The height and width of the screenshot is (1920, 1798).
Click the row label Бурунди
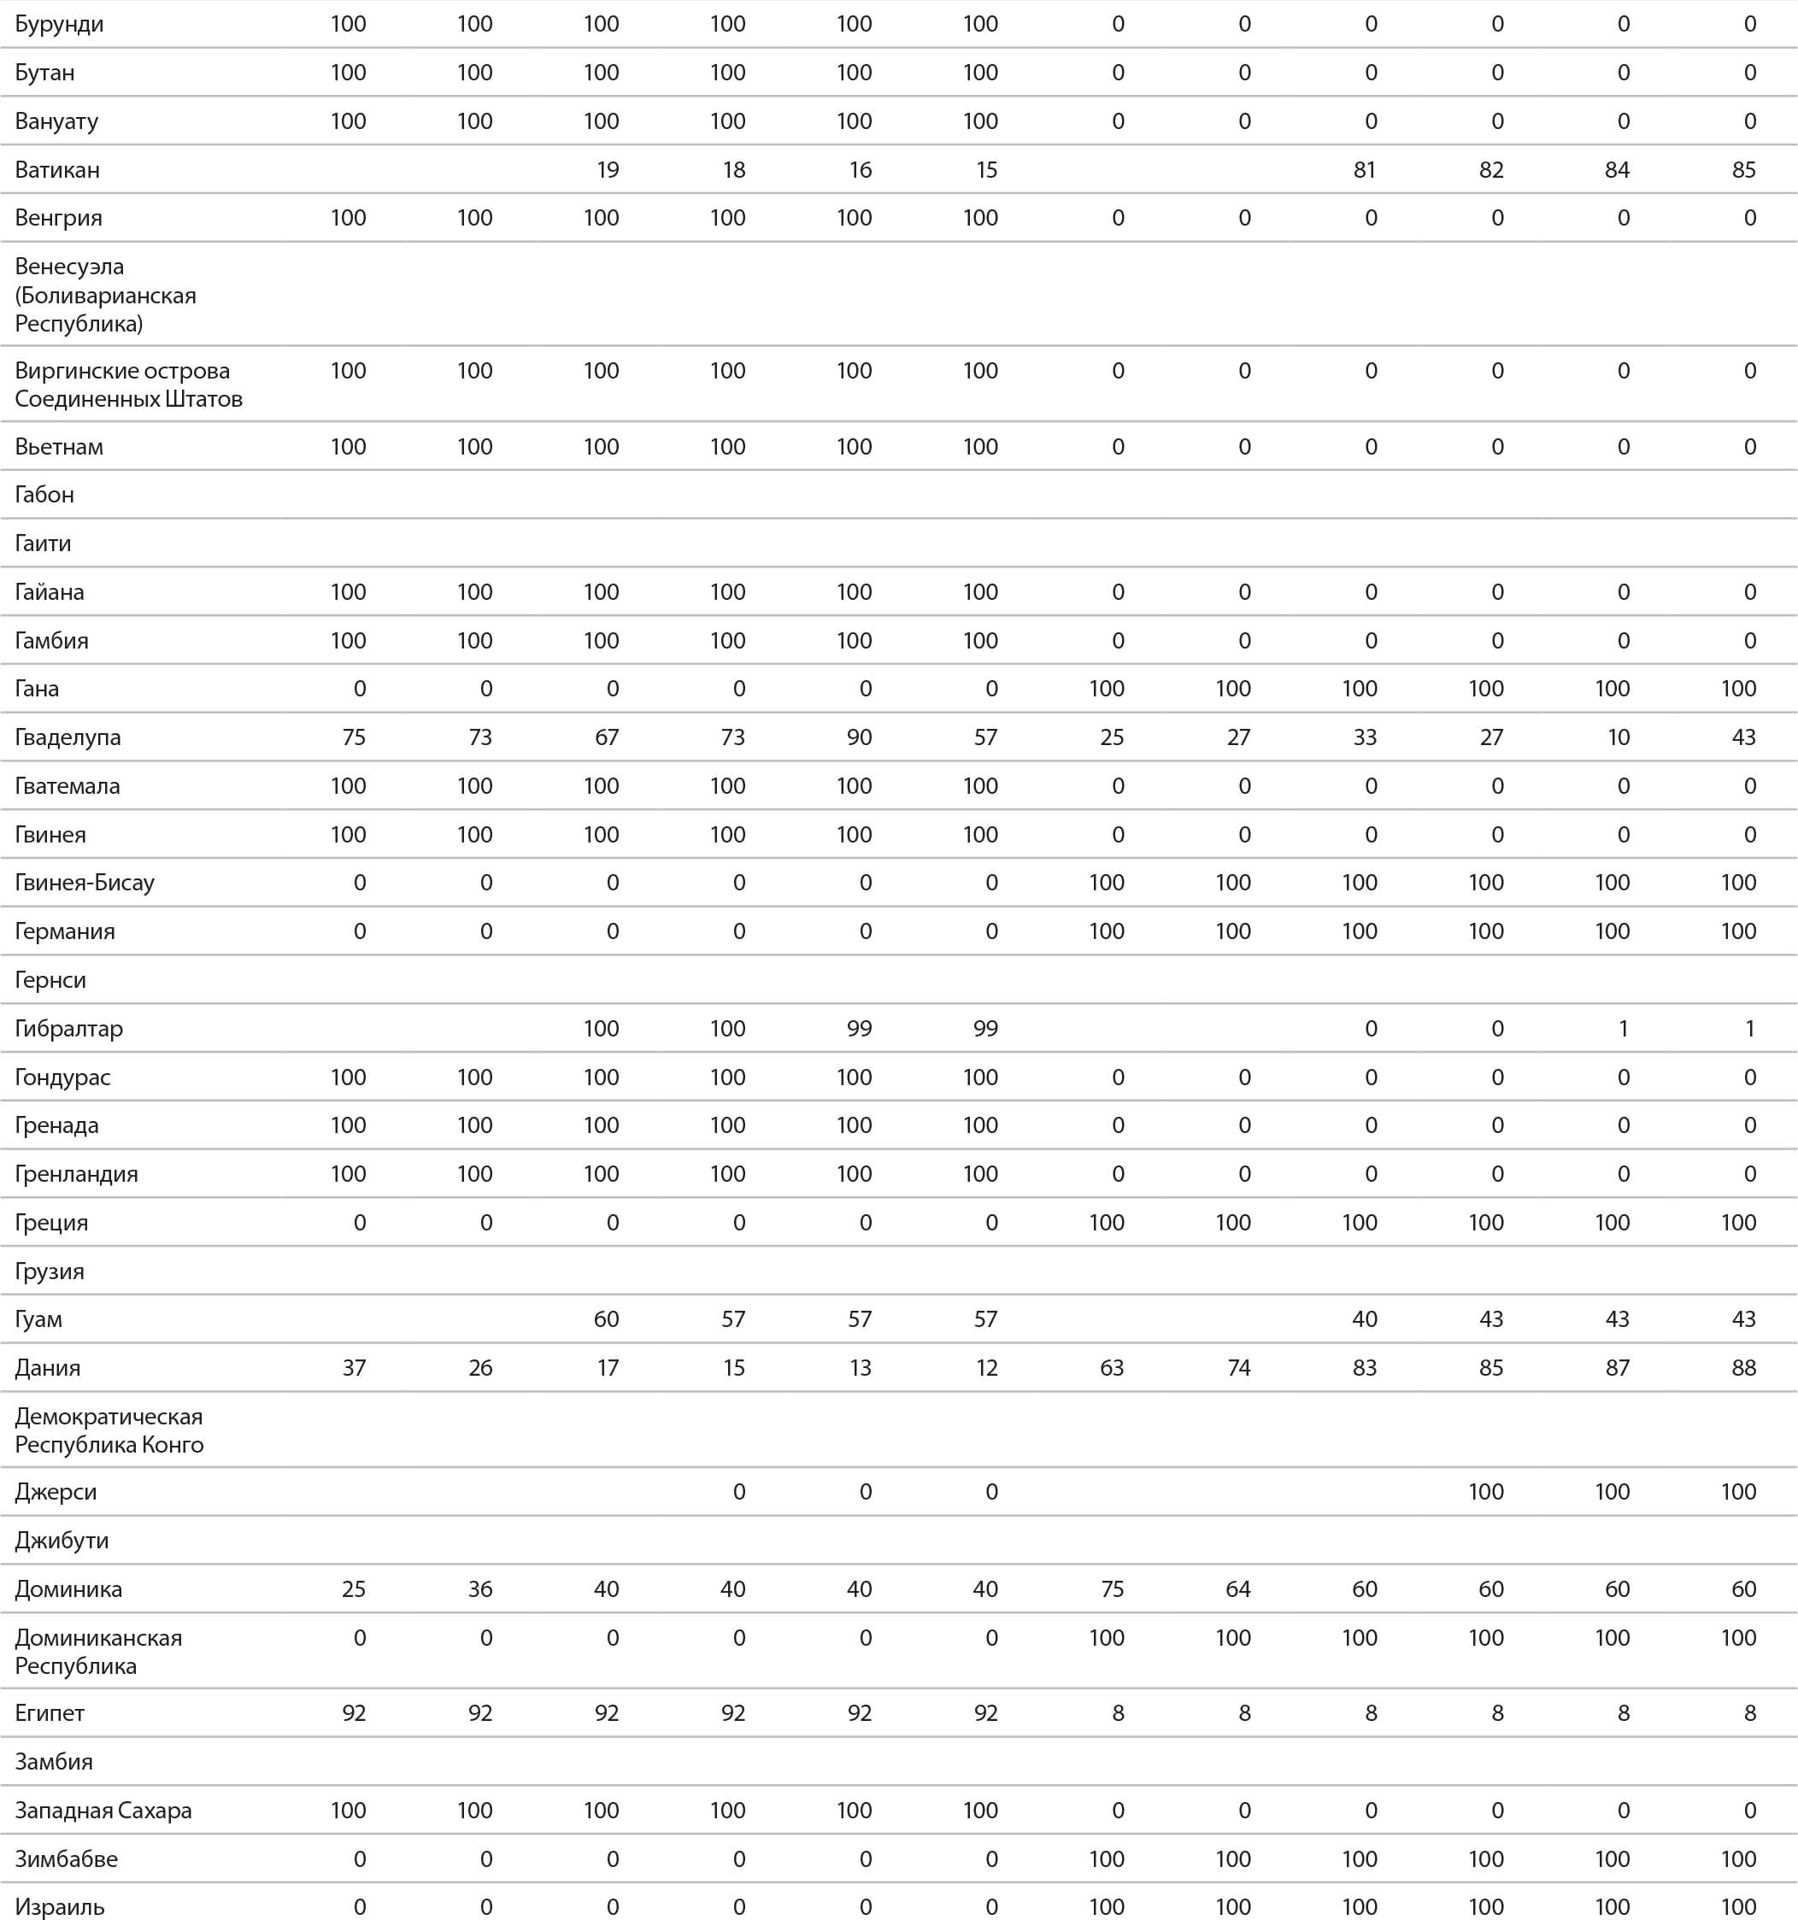click(x=59, y=24)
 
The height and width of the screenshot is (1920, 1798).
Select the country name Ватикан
click(x=57, y=170)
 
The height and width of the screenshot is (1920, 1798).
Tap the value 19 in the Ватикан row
click(x=607, y=170)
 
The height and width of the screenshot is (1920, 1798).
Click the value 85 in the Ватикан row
click(x=1743, y=170)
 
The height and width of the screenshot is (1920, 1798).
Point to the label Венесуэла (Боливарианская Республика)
click(x=105, y=295)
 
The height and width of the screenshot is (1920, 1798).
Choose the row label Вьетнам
click(x=59, y=447)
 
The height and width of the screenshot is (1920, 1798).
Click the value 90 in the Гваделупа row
click(x=859, y=738)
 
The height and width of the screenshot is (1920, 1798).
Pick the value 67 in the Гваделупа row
click(x=606, y=738)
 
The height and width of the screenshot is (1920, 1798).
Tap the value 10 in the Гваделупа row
click(x=1618, y=738)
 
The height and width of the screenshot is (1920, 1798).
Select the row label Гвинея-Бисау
click(x=84, y=883)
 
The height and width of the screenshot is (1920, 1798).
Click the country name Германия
click(x=65, y=932)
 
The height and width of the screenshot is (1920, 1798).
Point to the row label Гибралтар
click(x=68, y=1029)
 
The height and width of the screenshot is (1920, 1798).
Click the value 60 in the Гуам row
click(x=606, y=1319)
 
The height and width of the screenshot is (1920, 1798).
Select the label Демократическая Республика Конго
click(x=109, y=1430)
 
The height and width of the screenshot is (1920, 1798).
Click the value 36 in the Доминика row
click(x=480, y=1589)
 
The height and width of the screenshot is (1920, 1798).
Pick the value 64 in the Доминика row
click(x=1237, y=1589)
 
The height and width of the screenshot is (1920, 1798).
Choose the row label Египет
click(x=50, y=1713)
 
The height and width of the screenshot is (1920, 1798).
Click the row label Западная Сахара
click(x=103, y=1811)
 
